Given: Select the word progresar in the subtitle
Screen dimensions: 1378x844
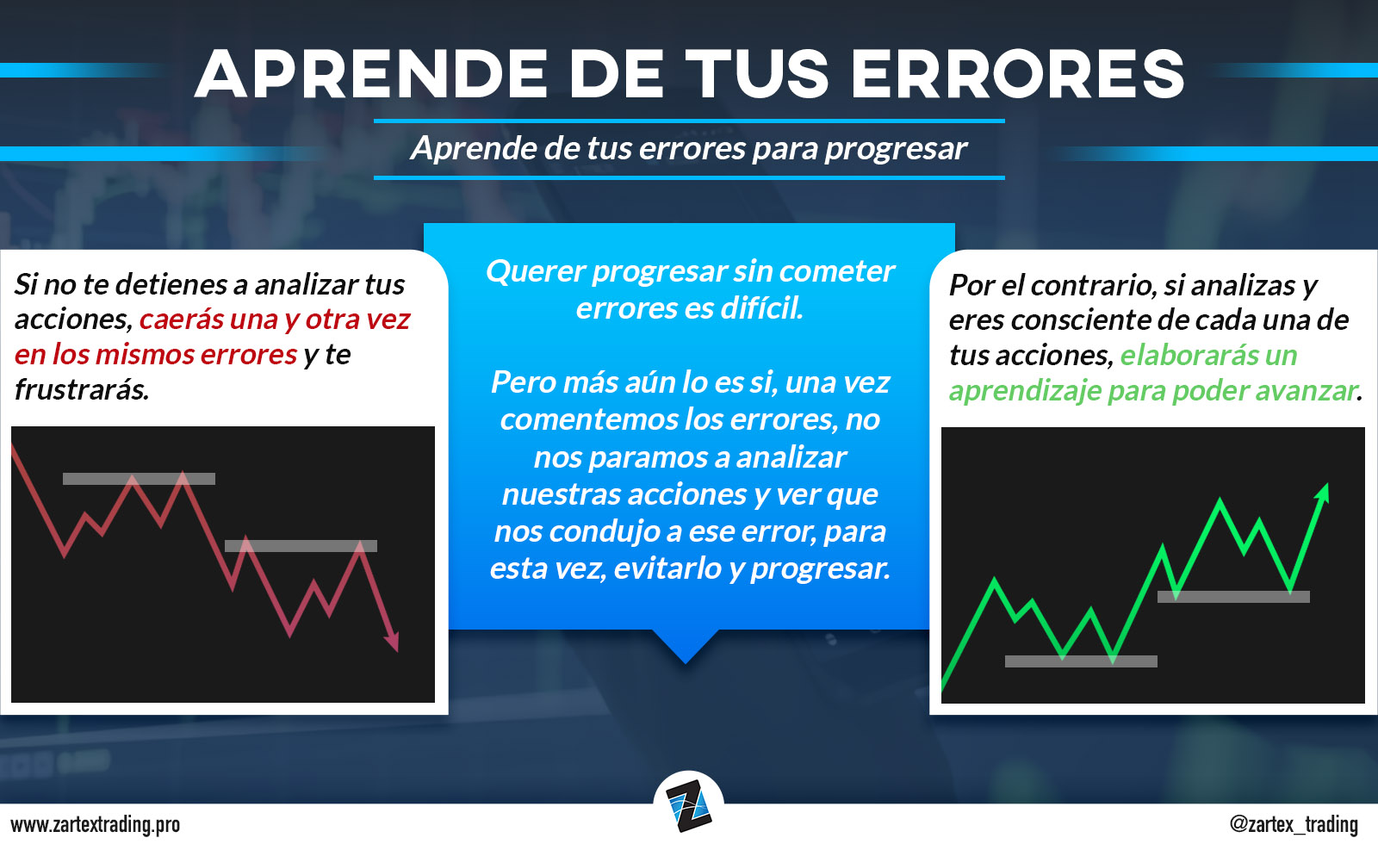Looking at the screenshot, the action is click(896, 150).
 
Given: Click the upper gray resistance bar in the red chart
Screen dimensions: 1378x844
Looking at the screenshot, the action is click(139, 479).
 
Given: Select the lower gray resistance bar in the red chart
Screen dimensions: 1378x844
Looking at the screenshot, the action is click(301, 546).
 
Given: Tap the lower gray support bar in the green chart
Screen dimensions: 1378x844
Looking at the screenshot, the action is click(1081, 661).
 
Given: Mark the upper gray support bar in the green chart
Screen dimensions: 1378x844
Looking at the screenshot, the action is click(1233, 596).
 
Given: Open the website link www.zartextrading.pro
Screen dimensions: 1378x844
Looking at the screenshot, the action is click(96, 824).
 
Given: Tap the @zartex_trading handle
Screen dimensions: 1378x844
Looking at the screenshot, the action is click(1293, 824).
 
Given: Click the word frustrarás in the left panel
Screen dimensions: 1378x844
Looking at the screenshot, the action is click(82, 389).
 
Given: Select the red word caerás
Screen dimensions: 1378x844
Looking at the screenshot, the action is click(182, 320).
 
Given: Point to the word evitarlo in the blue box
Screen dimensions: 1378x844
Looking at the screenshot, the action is click(667, 568).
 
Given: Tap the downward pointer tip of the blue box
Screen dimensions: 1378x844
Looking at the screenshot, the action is click(686, 663).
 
